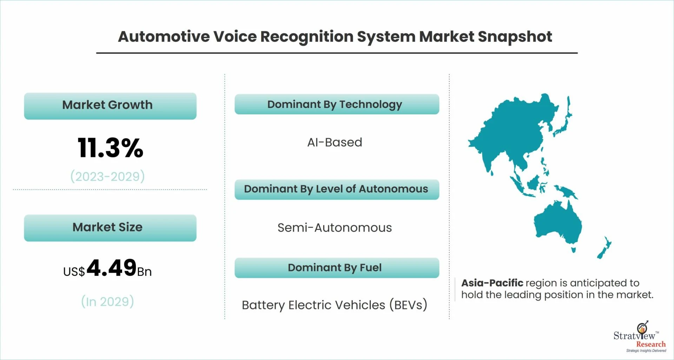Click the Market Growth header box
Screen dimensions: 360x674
(x=110, y=106)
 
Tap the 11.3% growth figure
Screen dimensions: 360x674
(x=110, y=148)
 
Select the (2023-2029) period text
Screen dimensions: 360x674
(x=107, y=176)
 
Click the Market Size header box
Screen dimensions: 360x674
(x=110, y=228)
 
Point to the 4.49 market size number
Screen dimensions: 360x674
(x=111, y=268)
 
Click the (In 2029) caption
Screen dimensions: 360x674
(x=107, y=301)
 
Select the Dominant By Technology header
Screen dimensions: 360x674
(x=337, y=104)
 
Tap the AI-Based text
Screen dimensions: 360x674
(x=335, y=142)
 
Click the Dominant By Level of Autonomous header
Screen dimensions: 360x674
(x=337, y=189)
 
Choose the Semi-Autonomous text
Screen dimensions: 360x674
(x=335, y=228)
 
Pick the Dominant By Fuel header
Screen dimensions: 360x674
(x=337, y=268)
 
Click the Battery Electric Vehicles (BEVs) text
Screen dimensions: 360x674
(x=335, y=305)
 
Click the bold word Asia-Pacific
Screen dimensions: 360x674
(x=492, y=283)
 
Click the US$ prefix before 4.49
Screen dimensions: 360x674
(x=74, y=272)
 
